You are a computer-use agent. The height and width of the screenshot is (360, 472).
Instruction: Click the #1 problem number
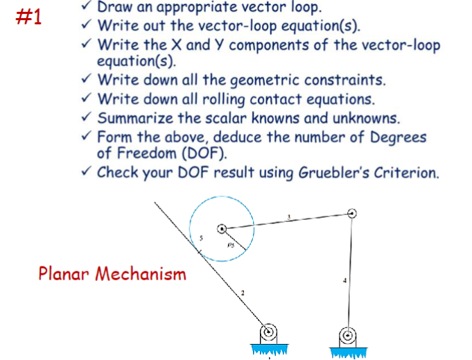(x=29, y=17)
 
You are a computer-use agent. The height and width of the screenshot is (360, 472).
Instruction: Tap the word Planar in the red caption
(x=64, y=273)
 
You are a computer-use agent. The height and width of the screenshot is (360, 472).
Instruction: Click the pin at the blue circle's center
(x=222, y=228)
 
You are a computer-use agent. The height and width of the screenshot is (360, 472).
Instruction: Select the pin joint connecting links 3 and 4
(x=353, y=213)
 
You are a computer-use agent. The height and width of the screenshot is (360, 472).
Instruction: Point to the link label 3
(x=289, y=217)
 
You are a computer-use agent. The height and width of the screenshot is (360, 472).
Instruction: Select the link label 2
(x=243, y=293)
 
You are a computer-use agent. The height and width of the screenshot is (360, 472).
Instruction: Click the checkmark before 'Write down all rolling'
(x=85, y=99)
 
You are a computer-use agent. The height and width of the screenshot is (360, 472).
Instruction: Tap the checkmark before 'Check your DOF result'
(x=85, y=171)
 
